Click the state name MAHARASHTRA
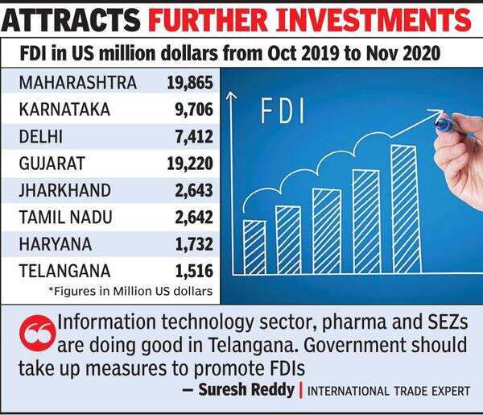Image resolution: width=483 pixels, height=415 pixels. coord(77,82)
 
